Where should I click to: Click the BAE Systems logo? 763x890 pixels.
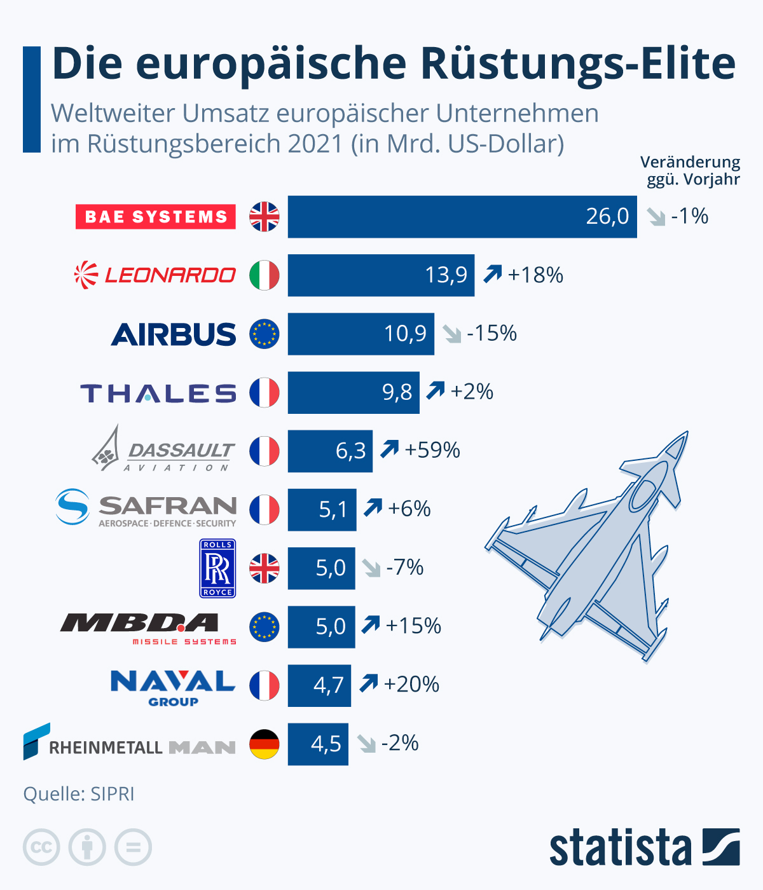coord(156,217)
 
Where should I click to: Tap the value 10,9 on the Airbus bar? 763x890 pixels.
coord(405,334)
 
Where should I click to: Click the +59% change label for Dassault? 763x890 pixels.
coord(432,450)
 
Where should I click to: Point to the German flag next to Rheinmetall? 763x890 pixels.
coord(265,744)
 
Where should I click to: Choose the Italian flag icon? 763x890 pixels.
coord(265,275)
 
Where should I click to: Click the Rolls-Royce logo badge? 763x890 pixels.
coord(217,568)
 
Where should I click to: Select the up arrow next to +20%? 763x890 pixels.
coord(369,683)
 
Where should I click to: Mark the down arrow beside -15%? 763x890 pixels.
coord(452,334)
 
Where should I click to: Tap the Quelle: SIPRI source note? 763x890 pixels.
coord(79,794)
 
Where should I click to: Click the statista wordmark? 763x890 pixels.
coord(620,847)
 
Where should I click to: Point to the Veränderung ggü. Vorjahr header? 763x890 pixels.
coord(691,170)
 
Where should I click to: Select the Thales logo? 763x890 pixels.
coord(158,394)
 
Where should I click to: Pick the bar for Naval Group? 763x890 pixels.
coord(319,685)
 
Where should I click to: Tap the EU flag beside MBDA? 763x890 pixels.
coord(265,627)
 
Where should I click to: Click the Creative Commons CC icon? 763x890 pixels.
coord(41,847)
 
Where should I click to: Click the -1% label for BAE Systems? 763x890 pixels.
coord(690,217)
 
